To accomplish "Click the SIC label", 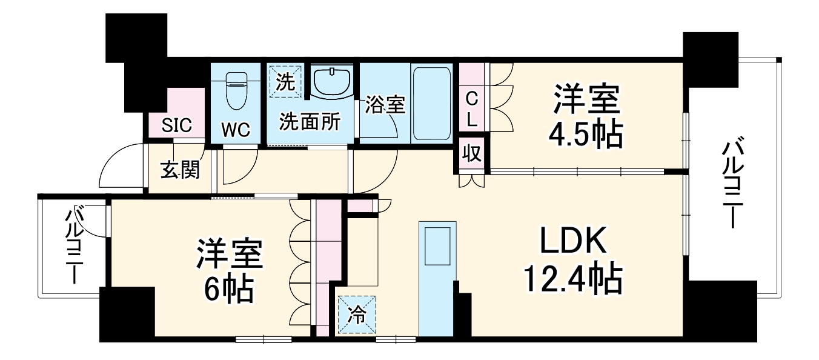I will pos(177,126).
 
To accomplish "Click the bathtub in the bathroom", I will pos(431,104).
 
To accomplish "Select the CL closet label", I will pos(472,108).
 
